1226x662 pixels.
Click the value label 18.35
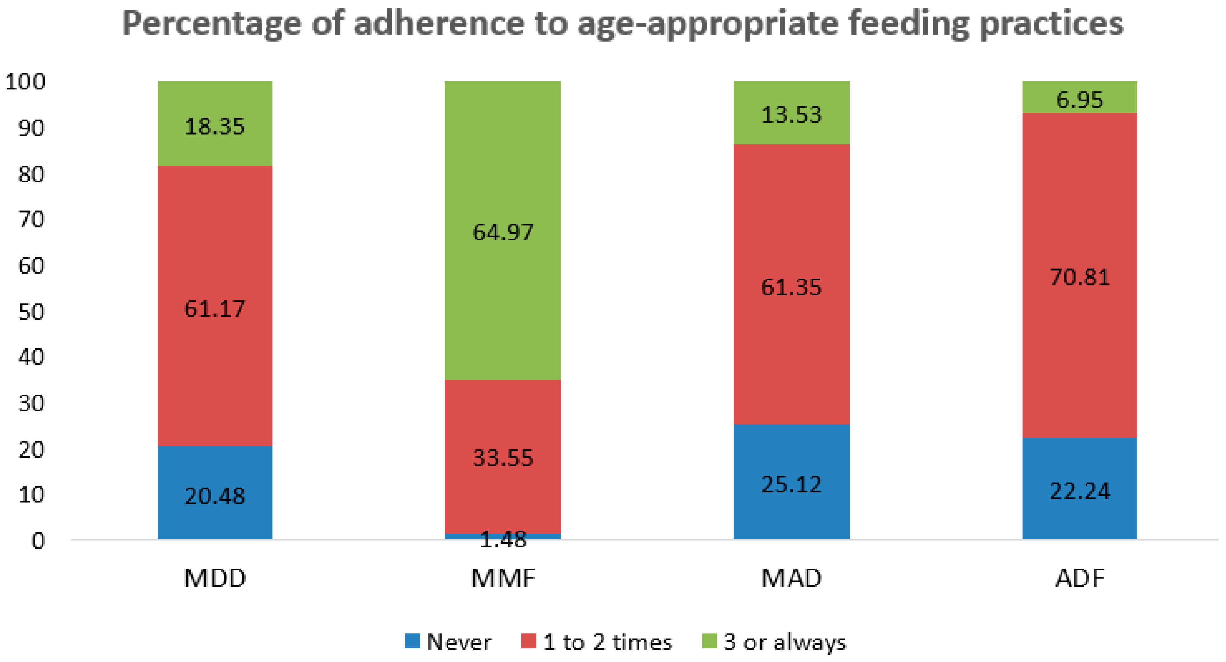[x=215, y=127]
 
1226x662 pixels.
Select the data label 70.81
[x=1079, y=277]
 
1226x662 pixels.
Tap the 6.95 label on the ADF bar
[x=1079, y=100]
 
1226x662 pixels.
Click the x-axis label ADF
[x=1079, y=578]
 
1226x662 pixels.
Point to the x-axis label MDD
[x=215, y=578]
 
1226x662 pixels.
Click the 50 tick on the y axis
[x=31, y=312]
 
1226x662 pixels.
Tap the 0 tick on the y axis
[x=38, y=541]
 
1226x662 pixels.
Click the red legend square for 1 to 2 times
[x=528, y=641]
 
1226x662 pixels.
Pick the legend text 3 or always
[x=784, y=642]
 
